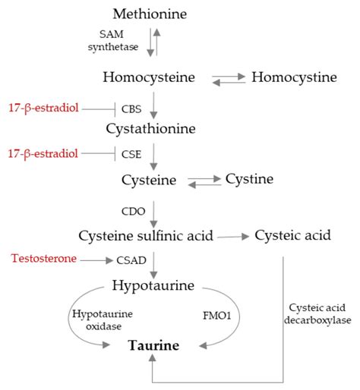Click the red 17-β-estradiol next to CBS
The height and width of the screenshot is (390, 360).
coord(43,109)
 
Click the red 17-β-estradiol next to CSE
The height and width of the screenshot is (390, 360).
coord(43,153)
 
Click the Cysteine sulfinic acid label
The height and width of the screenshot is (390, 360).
coord(147,235)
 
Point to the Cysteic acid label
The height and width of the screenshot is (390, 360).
coord(293,235)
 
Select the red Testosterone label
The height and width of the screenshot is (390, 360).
coord(44,259)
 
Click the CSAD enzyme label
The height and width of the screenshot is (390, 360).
coord(131,260)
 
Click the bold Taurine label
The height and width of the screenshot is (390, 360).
coord(153,346)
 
